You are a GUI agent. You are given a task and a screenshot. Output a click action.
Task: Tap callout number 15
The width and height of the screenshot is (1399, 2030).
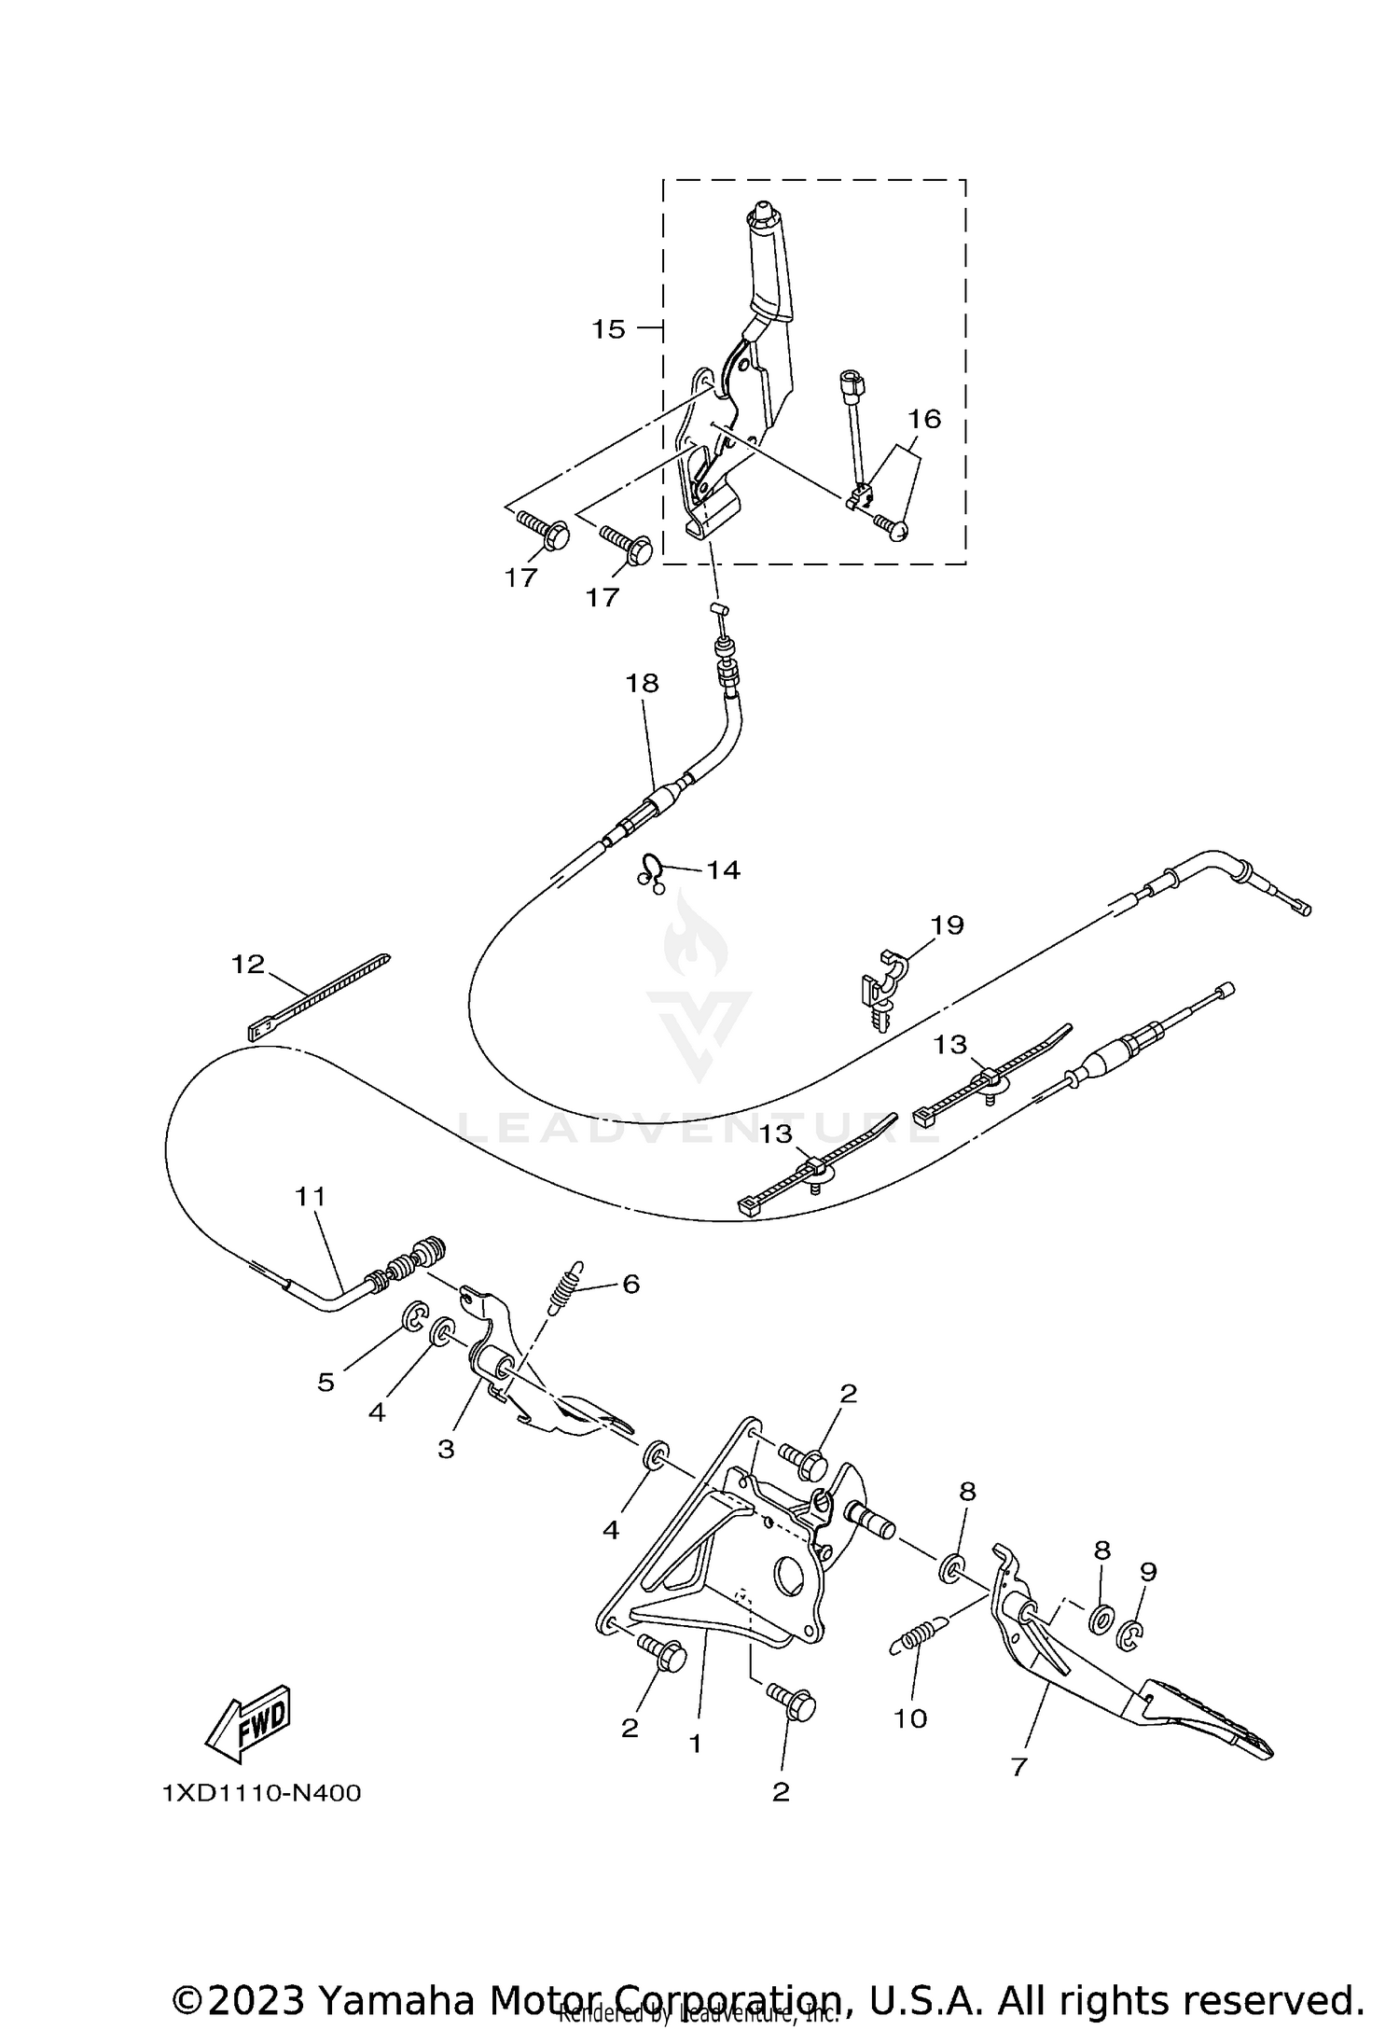[x=608, y=329]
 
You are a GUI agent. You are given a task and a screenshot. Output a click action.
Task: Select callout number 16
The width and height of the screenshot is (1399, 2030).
[x=924, y=419]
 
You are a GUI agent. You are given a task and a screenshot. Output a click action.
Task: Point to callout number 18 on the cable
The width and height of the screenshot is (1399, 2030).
[x=642, y=683]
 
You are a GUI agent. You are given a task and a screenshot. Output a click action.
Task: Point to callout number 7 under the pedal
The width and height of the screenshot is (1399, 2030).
[x=1018, y=1766]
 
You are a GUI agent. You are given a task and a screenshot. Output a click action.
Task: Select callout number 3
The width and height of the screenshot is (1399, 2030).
[x=446, y=1449]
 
